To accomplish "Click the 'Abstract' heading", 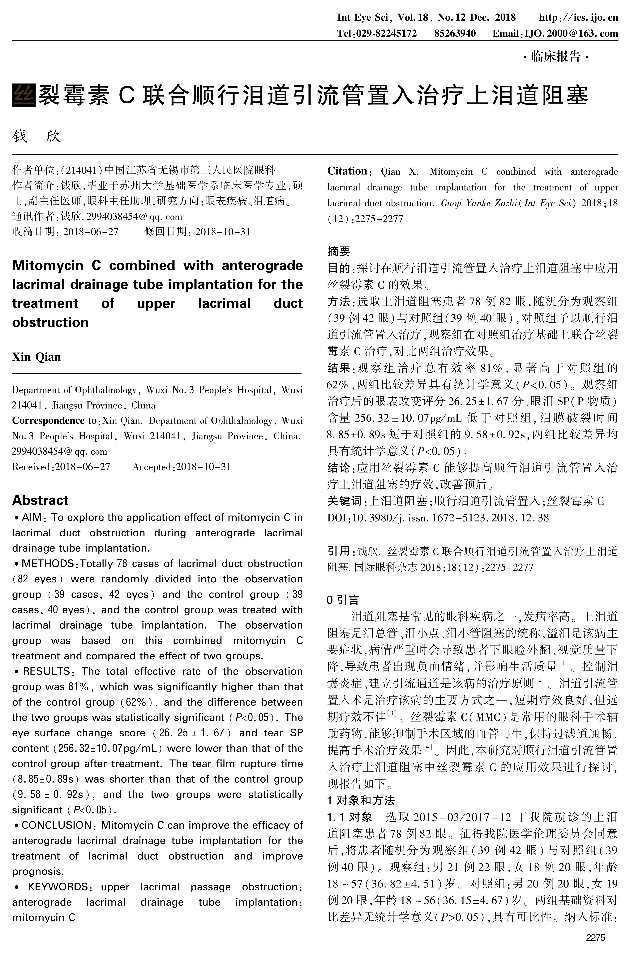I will coord(40,500).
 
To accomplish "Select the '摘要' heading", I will coord(339,251).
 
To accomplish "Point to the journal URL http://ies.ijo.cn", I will coord(578,17).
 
